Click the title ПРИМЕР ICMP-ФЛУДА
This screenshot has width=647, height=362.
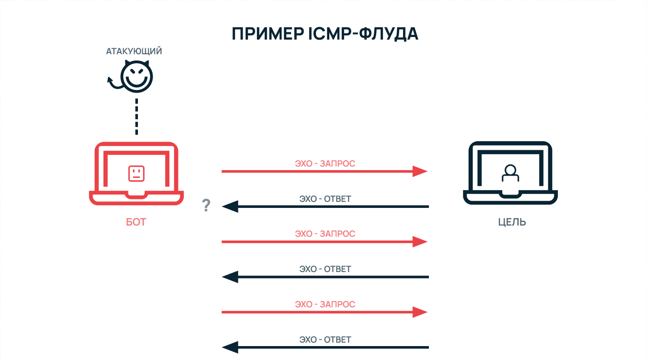click(325, 34)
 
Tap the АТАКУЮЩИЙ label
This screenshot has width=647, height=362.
click(134, 51)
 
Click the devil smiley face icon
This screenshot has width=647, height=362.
click(136, 77)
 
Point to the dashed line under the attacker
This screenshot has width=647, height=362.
click(137, 117)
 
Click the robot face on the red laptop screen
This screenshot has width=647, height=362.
click(136, 173)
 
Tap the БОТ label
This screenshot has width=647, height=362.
click(136, 222)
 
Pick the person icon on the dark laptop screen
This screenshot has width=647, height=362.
click(510, 173)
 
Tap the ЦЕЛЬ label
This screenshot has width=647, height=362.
click(512, 222)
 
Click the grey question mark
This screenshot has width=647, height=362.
click(206, 206)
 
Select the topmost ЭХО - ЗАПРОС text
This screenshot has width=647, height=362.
click(325, 164)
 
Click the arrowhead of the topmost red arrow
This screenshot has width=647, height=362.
click(419, 171)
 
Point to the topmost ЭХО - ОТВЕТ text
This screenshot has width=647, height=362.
click(325, 199)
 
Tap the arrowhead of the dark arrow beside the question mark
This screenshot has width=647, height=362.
click(230, 207)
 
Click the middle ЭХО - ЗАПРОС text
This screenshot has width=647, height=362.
click(325, 234)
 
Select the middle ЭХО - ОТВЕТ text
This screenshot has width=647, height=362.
click(325, 269)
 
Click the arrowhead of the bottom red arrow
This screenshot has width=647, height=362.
click(419, 312)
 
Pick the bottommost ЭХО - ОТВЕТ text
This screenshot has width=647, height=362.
click(325, 340)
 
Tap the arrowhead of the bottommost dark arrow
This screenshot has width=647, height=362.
click(230, 347)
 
